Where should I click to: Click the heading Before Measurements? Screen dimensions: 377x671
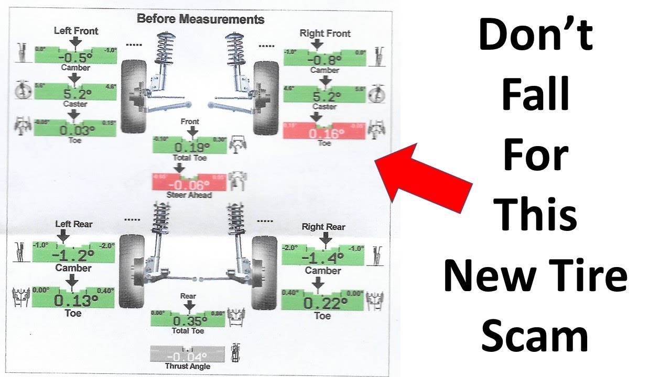(x=200, y=19)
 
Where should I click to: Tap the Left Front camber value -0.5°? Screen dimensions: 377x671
(x=75, y=57)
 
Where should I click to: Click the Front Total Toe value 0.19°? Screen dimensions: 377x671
(x=189, y=147)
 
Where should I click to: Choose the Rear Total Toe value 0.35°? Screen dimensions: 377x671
(x=188, y=320)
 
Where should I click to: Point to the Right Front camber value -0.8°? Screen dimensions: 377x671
(x=324, y=59)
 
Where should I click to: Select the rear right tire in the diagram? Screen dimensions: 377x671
(x=264, y=272)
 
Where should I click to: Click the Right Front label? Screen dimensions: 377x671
(x=325, y=34)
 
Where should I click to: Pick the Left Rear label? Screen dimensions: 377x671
(x=74, y=224)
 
